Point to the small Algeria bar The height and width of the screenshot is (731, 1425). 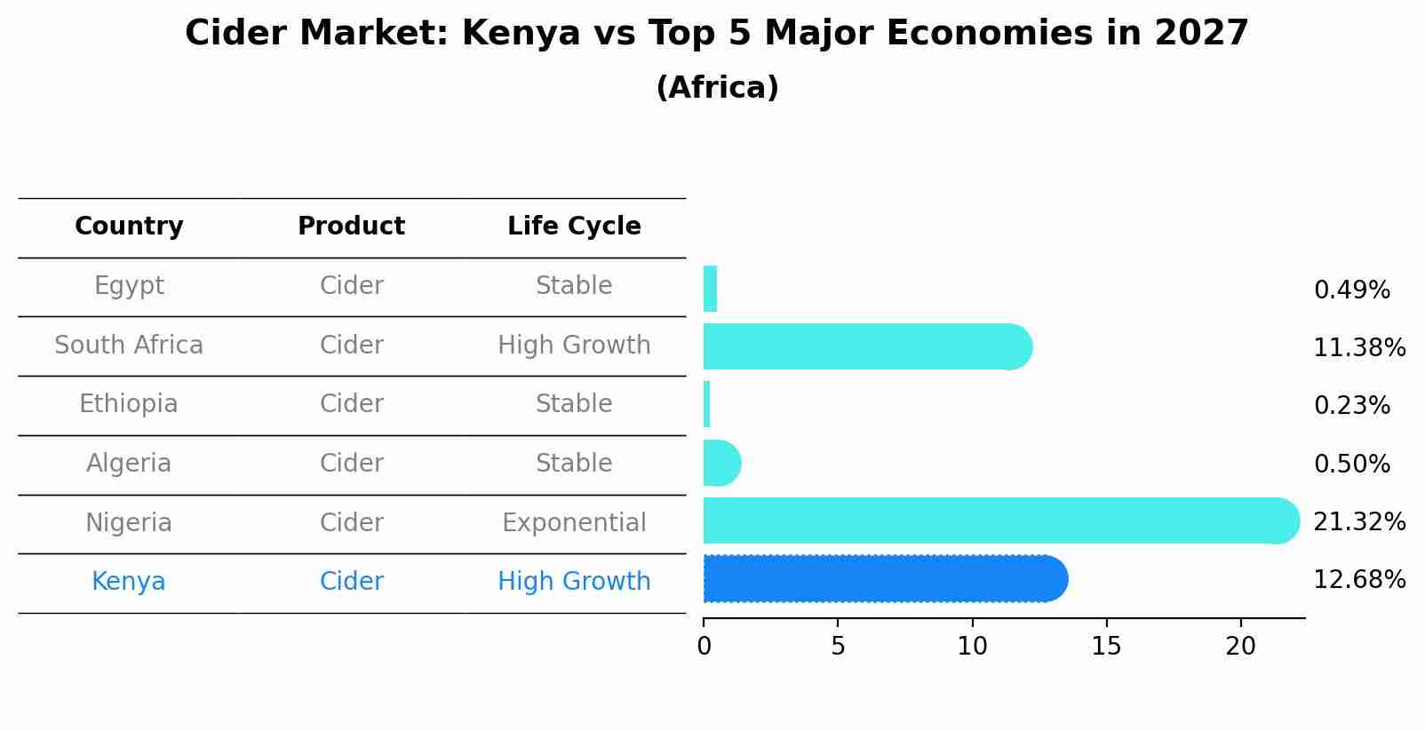[720, 463]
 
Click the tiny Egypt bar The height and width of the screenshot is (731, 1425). [710, 289]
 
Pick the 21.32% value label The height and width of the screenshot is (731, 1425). [1358, 522]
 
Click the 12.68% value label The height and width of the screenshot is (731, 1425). [1358, 580]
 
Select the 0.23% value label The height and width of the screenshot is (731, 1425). [1351, 406]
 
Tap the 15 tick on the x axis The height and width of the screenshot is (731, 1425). [1106, 647]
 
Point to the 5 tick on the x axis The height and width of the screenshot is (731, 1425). [838, 647]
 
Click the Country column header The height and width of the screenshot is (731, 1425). [129, 226]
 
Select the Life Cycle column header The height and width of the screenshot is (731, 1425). [574, 226]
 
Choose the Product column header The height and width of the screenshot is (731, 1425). [351, 226]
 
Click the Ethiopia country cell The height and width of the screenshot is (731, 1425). [129, 404]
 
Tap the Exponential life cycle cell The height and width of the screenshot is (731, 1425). [574, 522]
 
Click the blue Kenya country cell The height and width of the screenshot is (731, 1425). [129, 582]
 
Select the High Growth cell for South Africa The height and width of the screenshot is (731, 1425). [574, 345]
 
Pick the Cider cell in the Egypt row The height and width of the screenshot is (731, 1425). [351, 286]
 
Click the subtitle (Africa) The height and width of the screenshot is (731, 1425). [717, 88]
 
